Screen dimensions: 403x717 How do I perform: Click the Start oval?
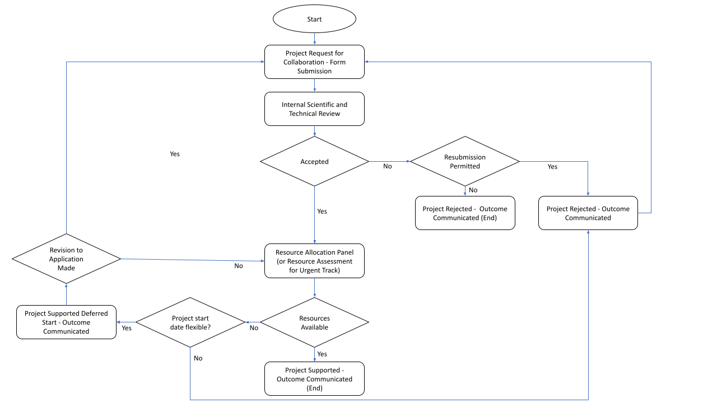coord(314,19)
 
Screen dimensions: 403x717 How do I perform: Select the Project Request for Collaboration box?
coord(314,62)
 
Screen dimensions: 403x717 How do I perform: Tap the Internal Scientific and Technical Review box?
coord(314,109)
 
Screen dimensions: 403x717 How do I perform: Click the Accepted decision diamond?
coord(314,162)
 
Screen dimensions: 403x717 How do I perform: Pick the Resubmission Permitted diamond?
coord(465,162)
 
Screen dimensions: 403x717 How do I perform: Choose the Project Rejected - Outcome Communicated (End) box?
coord(465,213)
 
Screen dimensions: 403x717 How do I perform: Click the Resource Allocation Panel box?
coord(314,261)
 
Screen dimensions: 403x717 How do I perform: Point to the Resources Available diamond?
coord(314,322)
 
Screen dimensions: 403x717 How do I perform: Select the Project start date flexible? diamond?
coord(190,322)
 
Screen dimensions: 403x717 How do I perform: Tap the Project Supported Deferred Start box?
coord(67,322)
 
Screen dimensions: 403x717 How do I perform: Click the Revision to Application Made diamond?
coord(66,259)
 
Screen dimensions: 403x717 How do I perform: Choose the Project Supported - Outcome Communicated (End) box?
coord(314,379)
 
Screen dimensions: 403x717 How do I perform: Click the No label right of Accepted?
coord(388,167)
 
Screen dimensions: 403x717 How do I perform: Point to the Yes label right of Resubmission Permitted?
coord(552,167)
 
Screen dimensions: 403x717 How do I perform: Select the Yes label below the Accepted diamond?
coord(322,212)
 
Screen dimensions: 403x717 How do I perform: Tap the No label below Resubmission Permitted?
coord(473,190)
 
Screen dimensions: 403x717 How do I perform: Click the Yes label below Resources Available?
coord(322,354)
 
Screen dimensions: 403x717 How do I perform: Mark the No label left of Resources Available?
coord(254,328)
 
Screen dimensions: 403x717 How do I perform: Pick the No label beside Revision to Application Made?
coord(239,266)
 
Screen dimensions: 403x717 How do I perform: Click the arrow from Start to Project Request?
coord(314,39)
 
